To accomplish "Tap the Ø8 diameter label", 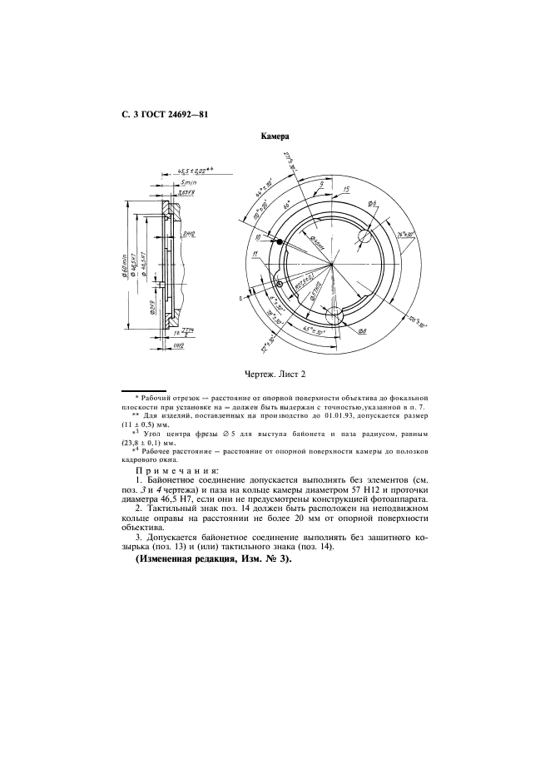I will point(363,330).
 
